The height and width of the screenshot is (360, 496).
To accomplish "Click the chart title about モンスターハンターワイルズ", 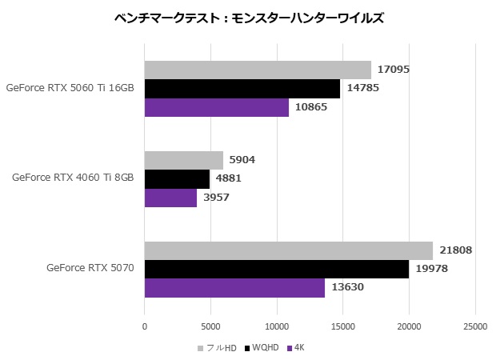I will click(x=248, y=17).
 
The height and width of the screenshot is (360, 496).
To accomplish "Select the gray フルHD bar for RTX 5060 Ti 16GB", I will click(x=258, y=70).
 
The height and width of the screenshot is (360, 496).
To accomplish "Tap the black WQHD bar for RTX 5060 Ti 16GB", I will click(x=242, y=88).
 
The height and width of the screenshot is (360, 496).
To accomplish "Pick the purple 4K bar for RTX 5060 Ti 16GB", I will click(x=216, y=107).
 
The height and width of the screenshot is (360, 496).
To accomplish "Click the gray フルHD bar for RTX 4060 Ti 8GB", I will click(x=184, y=160).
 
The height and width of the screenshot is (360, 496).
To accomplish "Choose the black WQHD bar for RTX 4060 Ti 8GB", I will click(x=177, y=178).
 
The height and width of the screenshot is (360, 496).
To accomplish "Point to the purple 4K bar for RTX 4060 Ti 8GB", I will click(x=170, y=197).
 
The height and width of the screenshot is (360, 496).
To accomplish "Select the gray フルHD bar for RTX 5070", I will click(x=289, y=250).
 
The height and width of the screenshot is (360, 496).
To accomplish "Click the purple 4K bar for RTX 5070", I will click(x=234, y=287).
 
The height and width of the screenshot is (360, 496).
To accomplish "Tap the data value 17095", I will click(x=394, y=70).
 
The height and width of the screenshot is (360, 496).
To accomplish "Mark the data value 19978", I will click(x=431, y=269).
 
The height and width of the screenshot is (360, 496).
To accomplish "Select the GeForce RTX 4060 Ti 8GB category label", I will click(x=73, y=178).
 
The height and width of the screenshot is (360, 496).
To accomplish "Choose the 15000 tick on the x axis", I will click(x=343, y=326).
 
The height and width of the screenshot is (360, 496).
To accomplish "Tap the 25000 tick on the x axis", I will click(x=475, y=326).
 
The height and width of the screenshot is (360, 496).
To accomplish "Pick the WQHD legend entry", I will click(x=265, y=348).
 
